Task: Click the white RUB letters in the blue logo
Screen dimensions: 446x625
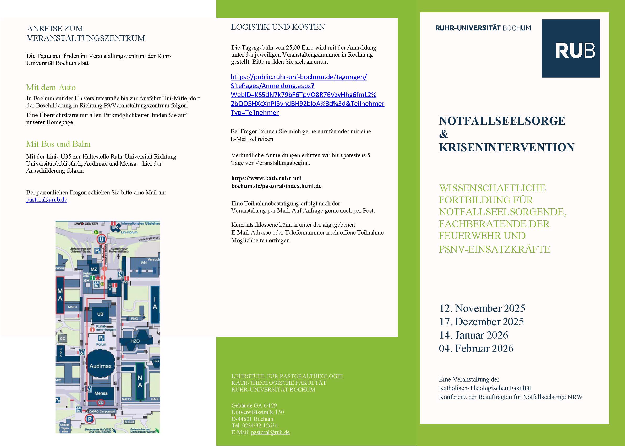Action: point(575,50)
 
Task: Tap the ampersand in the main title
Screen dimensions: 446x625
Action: point(443,134)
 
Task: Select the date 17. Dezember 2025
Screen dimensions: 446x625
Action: point(481,322)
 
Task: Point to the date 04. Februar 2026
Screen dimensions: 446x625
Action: point(476,348)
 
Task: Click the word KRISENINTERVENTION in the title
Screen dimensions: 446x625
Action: point(506,148)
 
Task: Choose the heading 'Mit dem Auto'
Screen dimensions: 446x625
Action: point(51,87)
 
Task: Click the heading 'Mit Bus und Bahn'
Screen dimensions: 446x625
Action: point(58,144)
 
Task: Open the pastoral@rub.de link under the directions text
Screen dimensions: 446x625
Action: point(47,200)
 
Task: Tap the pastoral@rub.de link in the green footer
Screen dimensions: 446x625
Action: point(270,432)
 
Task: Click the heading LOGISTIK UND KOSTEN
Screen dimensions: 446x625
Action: point(278,27)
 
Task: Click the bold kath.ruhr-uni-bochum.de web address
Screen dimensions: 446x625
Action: point(276,182)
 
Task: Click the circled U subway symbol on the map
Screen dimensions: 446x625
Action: point(102,240)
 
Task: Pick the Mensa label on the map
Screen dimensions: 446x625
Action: point(101,393)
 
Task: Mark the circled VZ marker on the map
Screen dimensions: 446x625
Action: point(101,403)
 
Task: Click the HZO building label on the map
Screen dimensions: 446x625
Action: point(135,341)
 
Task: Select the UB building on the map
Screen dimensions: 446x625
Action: point(100,314)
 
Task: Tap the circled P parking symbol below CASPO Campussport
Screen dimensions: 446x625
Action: point(90,419)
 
